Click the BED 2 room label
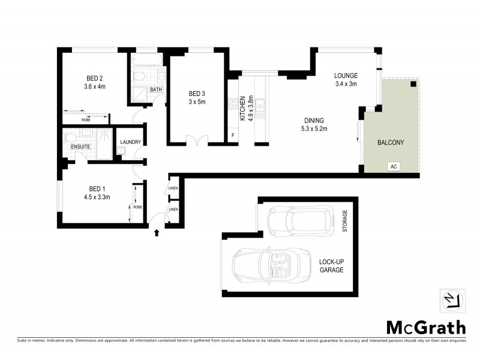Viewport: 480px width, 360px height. [95, 78]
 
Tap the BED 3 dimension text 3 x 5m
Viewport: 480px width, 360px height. [197, 102]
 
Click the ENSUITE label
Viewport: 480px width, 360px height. [80, 146]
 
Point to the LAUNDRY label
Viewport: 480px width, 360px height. [130, 142]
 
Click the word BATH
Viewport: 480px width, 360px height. [156, 90]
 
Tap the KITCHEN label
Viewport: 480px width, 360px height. [243, 108]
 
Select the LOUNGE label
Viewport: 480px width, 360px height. [346, 76]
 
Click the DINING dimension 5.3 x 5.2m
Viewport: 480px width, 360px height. [314, 128]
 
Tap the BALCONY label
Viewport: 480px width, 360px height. [390, 142]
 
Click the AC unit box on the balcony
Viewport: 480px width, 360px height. [394, 166]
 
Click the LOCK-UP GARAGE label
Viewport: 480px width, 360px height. [331, 266]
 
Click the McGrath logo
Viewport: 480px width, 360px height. [425, 327]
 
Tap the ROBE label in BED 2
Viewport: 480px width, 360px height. [85, 119]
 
